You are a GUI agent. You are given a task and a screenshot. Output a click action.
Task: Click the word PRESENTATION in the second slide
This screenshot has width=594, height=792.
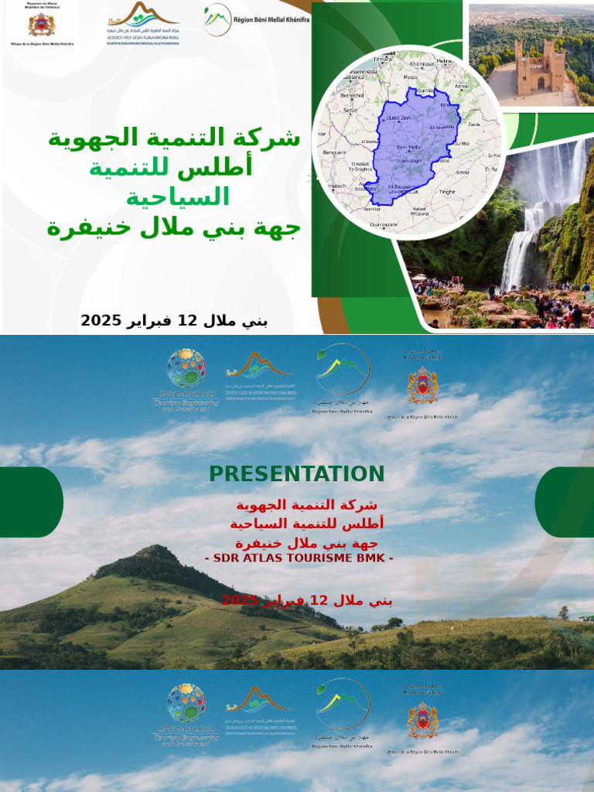[296, 474]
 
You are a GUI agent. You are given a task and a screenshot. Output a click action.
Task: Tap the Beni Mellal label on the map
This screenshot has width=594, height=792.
[408, 146]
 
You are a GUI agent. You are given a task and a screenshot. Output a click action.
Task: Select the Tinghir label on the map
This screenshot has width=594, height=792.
[448, 190]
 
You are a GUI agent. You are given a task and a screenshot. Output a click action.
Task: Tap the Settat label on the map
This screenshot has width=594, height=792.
[350, 110]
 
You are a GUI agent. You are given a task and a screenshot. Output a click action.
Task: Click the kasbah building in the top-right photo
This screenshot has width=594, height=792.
[541, 71]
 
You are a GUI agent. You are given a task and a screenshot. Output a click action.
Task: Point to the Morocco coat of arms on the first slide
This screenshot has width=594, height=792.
[41, 24]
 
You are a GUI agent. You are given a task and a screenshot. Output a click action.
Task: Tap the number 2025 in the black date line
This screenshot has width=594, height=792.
[97, 320]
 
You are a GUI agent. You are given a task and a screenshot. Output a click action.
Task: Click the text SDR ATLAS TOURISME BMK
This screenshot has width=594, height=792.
[299, 558]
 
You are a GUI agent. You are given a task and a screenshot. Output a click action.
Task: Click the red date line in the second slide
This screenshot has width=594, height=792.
[307, 600]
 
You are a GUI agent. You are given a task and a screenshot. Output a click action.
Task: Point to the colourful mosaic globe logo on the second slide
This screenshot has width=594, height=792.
[186, 369]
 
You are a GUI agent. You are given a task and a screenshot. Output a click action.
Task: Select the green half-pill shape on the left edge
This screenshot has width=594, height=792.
[31, 502]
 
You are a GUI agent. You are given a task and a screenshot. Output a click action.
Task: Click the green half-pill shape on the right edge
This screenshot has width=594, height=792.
[565, 502]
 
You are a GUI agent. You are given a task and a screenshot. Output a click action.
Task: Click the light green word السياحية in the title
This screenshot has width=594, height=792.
[178, 197]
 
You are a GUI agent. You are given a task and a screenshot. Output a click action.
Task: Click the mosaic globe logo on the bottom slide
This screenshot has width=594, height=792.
[186, 703]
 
